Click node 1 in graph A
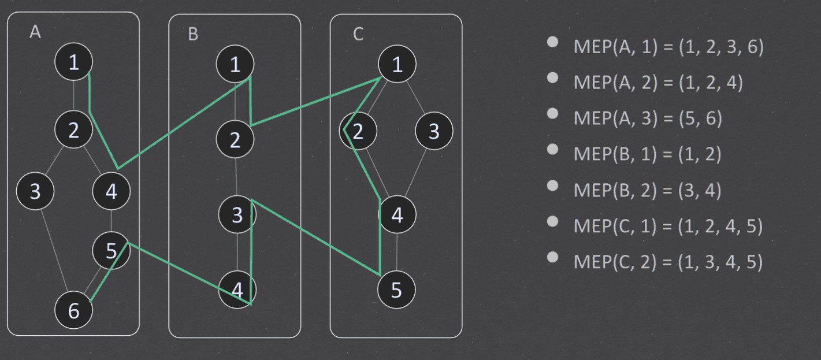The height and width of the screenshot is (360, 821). point(74,62)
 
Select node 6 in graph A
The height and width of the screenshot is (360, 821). point(74,310)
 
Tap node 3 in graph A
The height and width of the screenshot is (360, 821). point(35,191)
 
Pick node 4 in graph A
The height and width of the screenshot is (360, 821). point(112,191)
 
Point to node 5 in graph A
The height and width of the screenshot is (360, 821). point(112,251)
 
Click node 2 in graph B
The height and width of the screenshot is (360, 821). point(235,139)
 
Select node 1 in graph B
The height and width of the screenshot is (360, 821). point(235,64)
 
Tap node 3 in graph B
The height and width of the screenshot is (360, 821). point(237,214)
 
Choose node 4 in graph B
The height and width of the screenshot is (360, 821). point(237,290)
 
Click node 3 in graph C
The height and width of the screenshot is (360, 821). point(434,131)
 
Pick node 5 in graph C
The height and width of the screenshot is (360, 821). point(396,290)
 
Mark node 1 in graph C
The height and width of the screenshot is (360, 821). point(398,64)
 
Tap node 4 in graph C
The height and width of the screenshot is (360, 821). point(398,214)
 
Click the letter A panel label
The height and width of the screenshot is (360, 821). point(35,32)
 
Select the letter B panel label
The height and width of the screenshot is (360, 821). point(193,34)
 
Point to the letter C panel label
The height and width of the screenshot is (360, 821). point(358,34)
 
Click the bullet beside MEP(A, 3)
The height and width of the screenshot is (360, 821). point(552,113)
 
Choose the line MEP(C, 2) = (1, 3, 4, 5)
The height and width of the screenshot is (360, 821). point(668,262)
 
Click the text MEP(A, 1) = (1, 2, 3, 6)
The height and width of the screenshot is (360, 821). point(668,47)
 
